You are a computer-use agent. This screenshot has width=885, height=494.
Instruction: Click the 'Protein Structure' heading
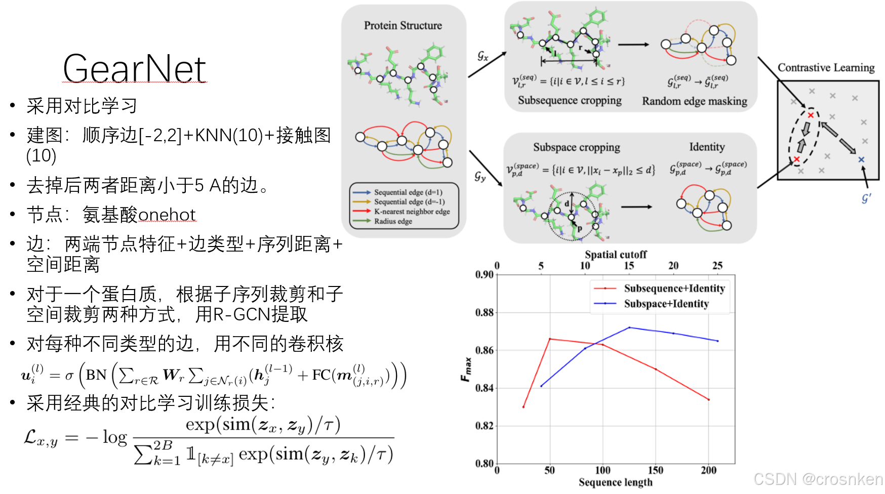403,25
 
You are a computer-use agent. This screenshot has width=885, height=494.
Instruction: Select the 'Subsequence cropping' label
570,100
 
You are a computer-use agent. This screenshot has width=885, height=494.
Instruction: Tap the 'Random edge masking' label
694,101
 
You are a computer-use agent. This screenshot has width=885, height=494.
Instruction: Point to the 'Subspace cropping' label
576,147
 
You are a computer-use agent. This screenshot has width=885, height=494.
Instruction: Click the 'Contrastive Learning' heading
826,67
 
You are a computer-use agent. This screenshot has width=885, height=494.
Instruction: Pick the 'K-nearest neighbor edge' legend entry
412,212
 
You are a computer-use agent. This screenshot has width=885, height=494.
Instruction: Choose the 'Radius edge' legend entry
393,221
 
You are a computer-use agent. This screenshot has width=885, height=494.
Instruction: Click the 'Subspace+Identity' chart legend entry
666,304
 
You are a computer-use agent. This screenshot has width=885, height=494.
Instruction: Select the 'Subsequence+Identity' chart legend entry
674,289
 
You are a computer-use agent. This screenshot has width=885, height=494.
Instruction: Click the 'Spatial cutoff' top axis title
616,254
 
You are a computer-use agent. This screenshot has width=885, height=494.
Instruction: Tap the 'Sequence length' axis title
615,482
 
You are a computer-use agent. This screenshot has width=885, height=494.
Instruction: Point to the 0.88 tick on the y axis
485,312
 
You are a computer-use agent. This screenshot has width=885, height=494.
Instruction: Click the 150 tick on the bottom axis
655,470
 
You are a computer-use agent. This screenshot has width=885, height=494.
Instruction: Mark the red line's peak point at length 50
550,339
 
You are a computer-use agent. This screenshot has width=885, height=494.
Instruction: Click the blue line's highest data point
629,327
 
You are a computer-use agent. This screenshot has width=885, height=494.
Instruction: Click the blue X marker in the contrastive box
861,159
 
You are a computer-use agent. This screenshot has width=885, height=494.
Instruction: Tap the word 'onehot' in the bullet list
167,215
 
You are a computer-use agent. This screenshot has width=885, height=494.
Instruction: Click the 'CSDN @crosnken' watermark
818,479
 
